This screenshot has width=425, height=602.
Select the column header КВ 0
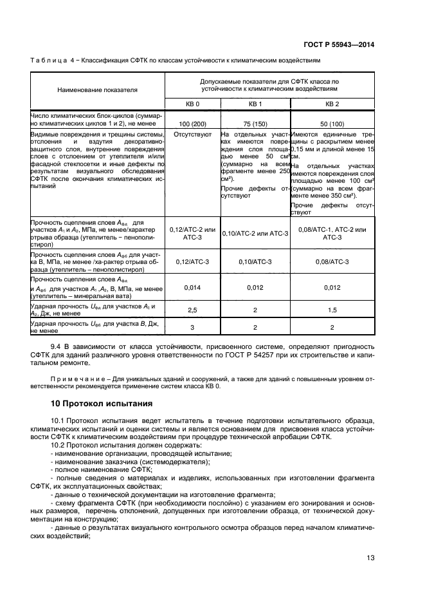coord(193,103)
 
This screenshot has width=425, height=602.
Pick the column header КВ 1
coord(255,103)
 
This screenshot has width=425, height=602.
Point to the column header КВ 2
coord(332,103)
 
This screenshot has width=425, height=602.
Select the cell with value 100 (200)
coord(193,122)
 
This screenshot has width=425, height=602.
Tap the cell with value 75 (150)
coord(255,122)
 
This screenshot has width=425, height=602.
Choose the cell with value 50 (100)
coord(332,122)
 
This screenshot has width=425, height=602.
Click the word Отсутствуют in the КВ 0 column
coord(193,135)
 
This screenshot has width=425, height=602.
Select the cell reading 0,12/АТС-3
coord(193,262)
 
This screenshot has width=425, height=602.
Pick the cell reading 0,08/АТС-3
coord(332,262)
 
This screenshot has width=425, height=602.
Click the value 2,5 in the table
coord(193,310)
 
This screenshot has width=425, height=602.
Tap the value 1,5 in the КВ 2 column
coord(332,310)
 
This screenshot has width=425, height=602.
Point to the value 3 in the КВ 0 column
coord(193,327)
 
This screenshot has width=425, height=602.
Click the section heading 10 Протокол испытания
coord(101,404)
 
